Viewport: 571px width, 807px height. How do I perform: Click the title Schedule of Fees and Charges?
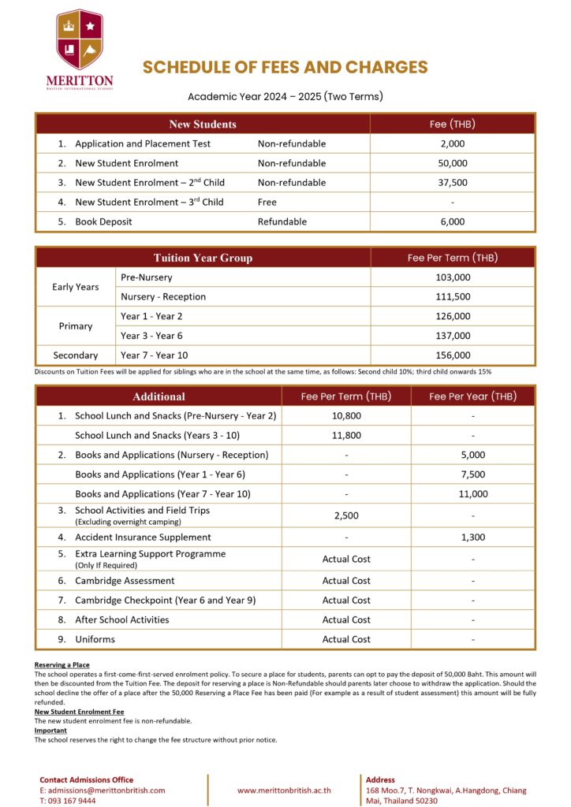pyautogui.click(x=285, y=68)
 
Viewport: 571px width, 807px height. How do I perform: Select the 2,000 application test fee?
pyautogui.click(x=452, y=143)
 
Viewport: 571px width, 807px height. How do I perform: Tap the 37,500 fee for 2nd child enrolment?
pyautogui.click(x=452, y=183)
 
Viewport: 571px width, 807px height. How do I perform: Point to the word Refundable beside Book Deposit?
pyautogui.click(x=282, y=222)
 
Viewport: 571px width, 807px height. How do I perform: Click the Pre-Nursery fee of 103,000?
pyautogui.click(x=453, y=277)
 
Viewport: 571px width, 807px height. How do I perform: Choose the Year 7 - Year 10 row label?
pyautogui.click(x=154, y=355)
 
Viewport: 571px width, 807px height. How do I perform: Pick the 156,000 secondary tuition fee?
pyautogui.click(x=453, y=355)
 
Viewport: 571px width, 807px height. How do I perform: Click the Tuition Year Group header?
pyautogui.click(x=203, y=258)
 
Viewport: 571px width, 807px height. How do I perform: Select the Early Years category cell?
pyautogui.click(x=76, y=287)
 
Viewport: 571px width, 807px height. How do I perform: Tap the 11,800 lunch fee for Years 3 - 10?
pyautogui.click(x=346, y=435)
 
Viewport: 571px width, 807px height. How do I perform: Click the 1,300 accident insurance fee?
pyautogui.click(x=472, y=537)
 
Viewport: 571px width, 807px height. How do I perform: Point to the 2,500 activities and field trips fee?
pyautogui.click(x=346, y=515)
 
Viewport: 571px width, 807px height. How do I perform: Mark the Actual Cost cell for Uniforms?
pyautogui.click(x=346, y=639)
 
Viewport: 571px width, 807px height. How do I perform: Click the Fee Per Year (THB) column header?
pyautogui.click(x=472, y=396)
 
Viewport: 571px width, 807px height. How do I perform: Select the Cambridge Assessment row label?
pyautogui.click(x=125, y=581)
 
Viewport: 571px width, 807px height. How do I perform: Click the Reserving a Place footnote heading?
pyautogui.click(x=62, y=665)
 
